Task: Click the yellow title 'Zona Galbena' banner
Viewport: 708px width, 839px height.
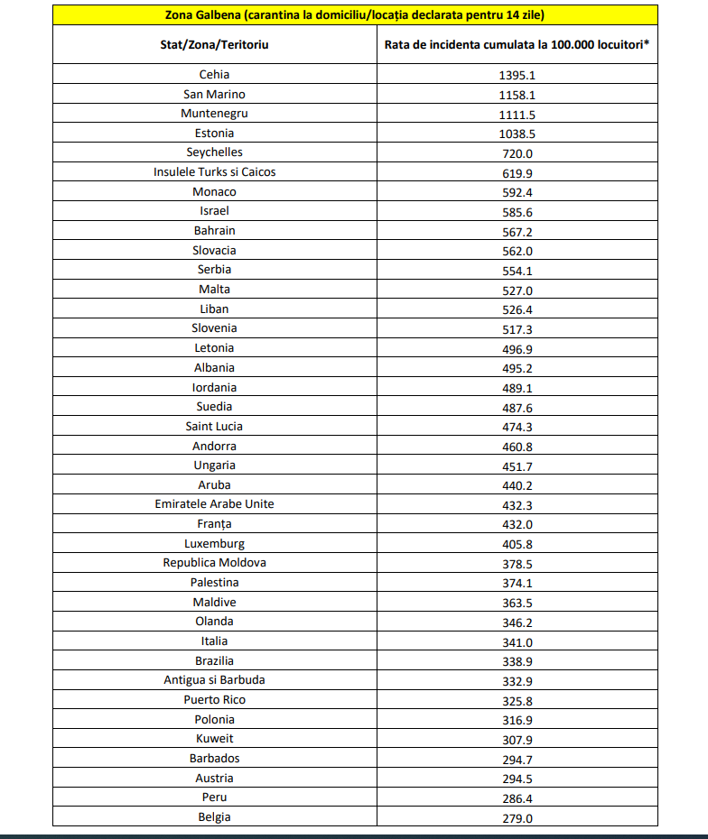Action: pyautogui.click(x=355, y=15)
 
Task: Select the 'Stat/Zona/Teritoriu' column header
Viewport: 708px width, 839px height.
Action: pyautogui.click(x=215, y=44)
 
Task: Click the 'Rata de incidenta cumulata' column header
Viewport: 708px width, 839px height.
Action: pyautogui.click(x=517, y=44)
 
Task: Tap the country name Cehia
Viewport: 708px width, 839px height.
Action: pyautogui.click(x=215, y=75)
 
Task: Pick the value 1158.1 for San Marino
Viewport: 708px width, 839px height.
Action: pyautogui.click(x=517, y=95)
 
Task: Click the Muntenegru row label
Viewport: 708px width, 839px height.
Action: pyautogui.click(x=215, y=114)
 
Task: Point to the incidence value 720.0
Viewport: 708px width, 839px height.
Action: pyautogui.click(x=517, y=153)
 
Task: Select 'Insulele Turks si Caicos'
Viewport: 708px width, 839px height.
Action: pyautogui.click(x=215, y=171)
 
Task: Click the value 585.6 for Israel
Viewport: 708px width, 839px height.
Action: pyautogui.click(x=517, y=212)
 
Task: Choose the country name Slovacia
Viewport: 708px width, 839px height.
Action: pyautogui.click(x=215, y=250)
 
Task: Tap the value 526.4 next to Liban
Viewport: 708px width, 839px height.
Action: pyautogui.click(x=517, y=309)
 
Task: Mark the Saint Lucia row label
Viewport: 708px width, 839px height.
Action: pyautogui.click(x=215, y=426)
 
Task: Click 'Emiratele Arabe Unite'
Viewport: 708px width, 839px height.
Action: pyautogui.click(x=215, y=504)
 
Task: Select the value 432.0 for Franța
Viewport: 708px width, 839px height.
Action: pyautogui.click(x=517, y=524)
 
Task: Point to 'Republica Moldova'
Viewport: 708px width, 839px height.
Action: pyautogui.click(x=215, y=562)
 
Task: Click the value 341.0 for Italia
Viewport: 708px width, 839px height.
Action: pyautogui.click(x=517, y=641)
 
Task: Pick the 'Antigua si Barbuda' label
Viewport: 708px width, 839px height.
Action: pyautogui.click(x=215, y=679)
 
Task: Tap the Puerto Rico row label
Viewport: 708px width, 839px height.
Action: pyautogui.click(x=215, y=699)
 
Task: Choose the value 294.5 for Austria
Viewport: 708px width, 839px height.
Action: pyautogui.click(x=517, y=779)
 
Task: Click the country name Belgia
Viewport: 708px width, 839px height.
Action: pyautogui.click(x=215, y=816)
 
